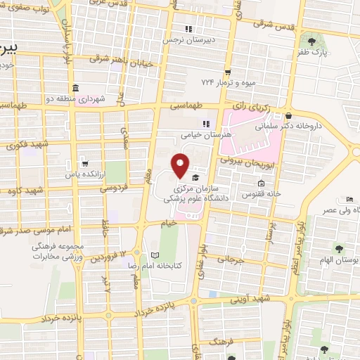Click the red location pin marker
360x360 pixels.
pyautogui.click(x=181, y=166)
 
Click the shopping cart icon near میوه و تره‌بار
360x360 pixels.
pyautogui.click(x=227, y=72)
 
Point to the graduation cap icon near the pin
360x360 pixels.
pyautogui.click(x=195, y=177)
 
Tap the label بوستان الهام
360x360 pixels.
pyautogui.click(x=342, y=259)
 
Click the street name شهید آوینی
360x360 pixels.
pyautogui.click(x=252, y=298)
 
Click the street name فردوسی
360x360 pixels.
pyautogui.click(x=112, y=188)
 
